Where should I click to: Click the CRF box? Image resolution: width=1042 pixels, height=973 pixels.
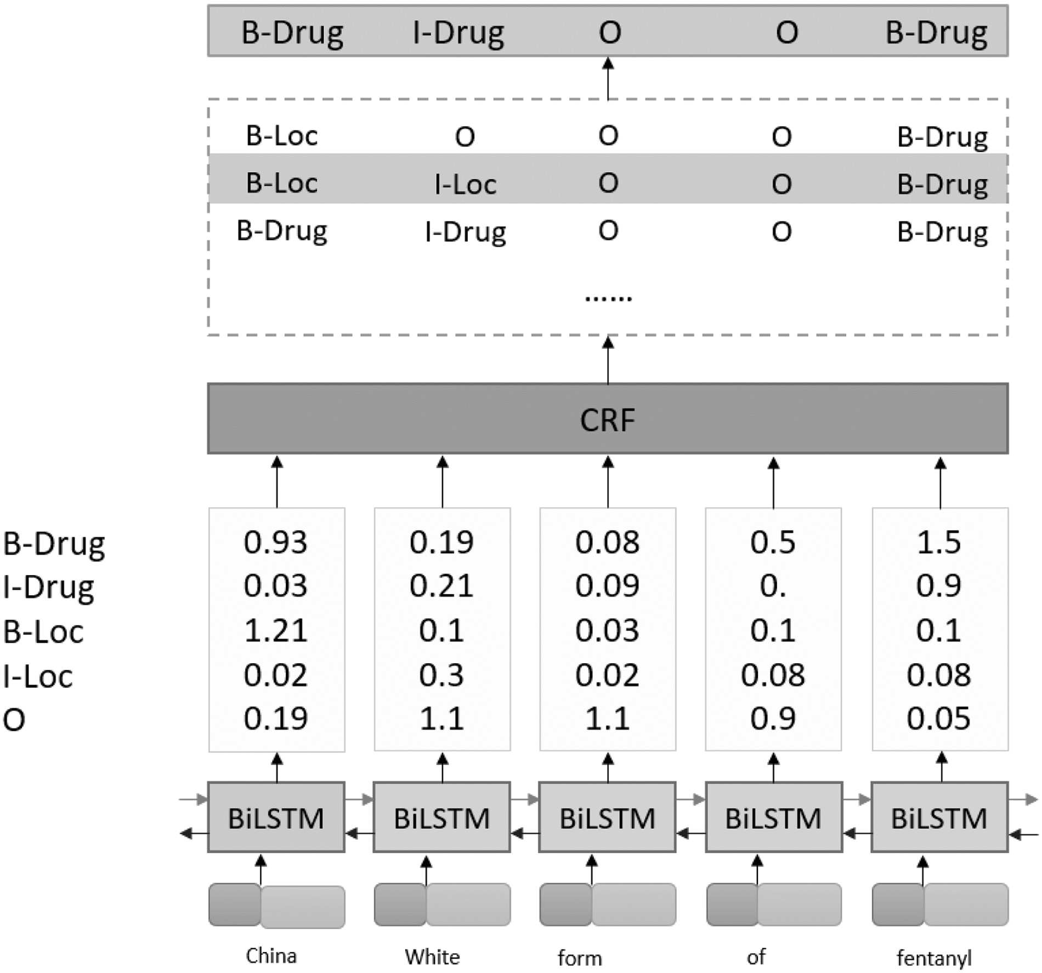tap(607, 419)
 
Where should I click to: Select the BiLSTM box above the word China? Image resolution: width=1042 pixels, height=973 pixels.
tap(276, 817)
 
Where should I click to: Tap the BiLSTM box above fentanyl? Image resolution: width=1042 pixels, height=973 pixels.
tap(939, 817)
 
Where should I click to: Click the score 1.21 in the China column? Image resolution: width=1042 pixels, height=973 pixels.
tap(275, 630)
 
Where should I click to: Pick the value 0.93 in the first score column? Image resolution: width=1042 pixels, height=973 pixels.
tap(275, 542)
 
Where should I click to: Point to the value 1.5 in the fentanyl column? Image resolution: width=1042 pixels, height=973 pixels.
tap(938, 542)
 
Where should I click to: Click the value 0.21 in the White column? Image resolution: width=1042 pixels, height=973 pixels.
tap(441, 585)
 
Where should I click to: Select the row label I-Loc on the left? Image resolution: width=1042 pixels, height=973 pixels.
tap(37, 676)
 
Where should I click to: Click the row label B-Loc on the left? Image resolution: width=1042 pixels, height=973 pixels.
tap(43, 631)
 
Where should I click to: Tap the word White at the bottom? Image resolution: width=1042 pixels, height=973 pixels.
tap(432, 957)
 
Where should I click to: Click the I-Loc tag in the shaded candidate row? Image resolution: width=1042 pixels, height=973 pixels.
tap(465, 184)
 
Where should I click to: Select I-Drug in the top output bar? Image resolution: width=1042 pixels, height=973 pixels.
tap(458, 32)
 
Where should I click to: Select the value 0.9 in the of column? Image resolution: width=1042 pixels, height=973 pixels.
tap(773, 718)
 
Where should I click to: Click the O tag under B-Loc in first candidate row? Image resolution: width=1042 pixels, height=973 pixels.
tap(465, 136)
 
